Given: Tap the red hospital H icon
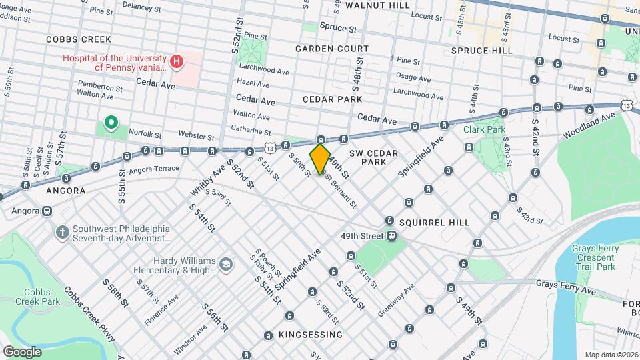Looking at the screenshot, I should point(177,63).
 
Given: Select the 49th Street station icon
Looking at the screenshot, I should point(391,235).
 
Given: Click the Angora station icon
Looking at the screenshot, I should point(47,211).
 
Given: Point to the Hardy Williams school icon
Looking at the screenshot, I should point(226,265).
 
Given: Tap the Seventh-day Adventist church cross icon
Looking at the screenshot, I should point(63,233).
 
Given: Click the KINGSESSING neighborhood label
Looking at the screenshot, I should point(311,334).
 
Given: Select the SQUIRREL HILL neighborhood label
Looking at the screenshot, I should point(436,222).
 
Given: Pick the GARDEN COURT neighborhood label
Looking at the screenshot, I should point(332,49).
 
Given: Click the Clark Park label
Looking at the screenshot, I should point(485,129).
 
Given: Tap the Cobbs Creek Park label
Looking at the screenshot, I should point(42,297).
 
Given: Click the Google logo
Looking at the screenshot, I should point(22,351).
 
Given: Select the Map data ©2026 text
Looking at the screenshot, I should point(611,355).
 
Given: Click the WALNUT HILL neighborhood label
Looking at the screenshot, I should point(377,5).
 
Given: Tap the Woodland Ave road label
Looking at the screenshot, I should point(589,125).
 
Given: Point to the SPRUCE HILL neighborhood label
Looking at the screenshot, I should point(481,50).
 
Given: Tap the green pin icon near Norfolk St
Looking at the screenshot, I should point(111,123).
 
